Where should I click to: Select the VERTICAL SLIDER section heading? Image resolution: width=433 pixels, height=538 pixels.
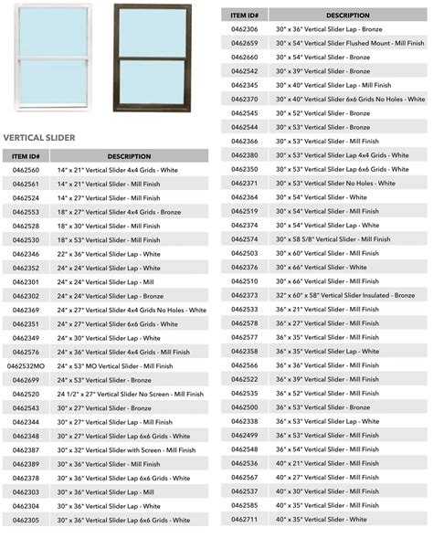pyautogui.click(x=39, y=138)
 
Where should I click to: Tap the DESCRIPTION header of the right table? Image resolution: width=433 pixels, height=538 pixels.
pyautogui.click(x=347, y=16)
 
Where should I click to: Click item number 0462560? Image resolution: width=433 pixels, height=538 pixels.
pyautogui.click(x=26, y=170)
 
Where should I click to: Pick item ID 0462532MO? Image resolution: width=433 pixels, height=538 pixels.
pyautogui.click(x=26, y=366)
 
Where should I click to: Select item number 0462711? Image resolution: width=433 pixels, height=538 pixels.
pyautogui.click(x=245, y=520)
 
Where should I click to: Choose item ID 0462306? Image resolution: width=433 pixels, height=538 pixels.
pyautogui.click(x=245, y=29)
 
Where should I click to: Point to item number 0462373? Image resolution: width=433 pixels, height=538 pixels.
pyautogui.click(x=245, y=295)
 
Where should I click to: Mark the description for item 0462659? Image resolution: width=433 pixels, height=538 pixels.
pyautogui.click(x=351, y=43)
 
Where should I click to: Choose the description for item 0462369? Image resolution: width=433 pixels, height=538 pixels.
pyautogui.click(x=132, y=310)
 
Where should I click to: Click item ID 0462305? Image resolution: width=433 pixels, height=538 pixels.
pyautogui.click(x=26, y=520)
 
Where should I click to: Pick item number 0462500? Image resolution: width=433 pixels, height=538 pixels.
pyautogui.click(x=245, y=407)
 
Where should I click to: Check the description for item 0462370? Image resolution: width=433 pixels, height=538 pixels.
pyautogui.click(x=351, y=99)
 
